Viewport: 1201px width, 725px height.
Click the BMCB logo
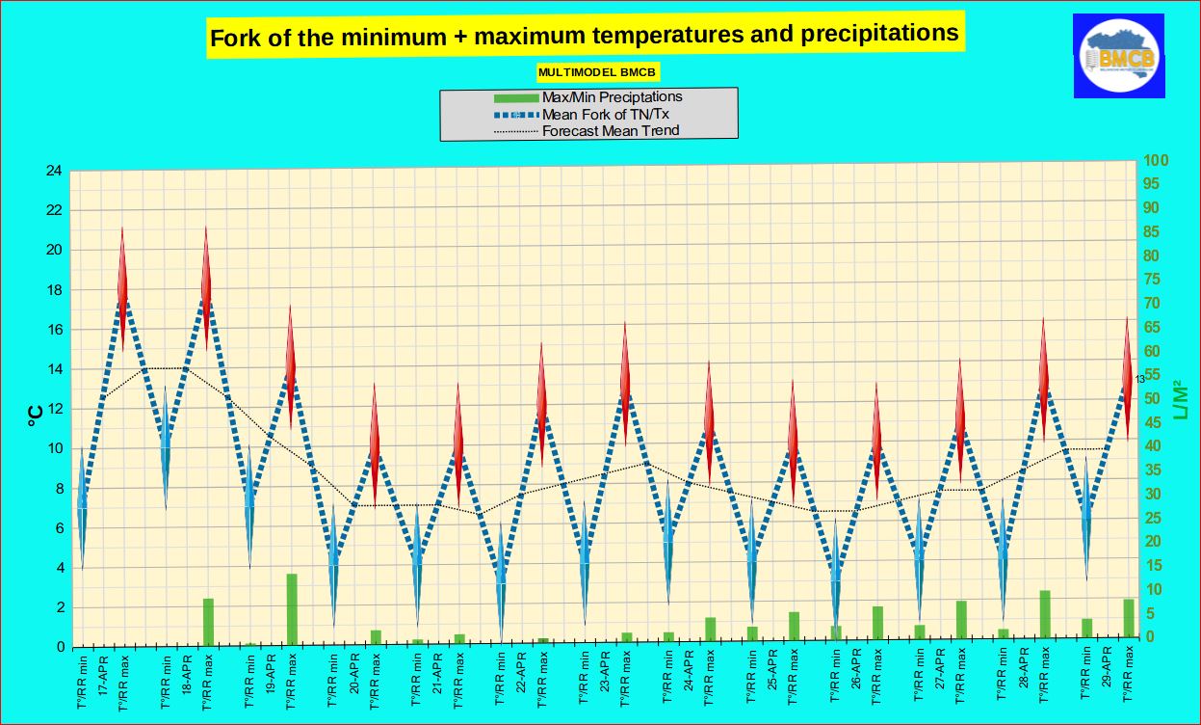pyautogui.click(x=1119, y=56)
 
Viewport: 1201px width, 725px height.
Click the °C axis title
pyautogui.click(x=34, y=415)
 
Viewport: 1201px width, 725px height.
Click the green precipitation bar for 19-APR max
pyautogui.click(x=291, y=608)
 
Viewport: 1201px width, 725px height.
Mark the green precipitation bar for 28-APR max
pyautogui.click(x=1044, y=613)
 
